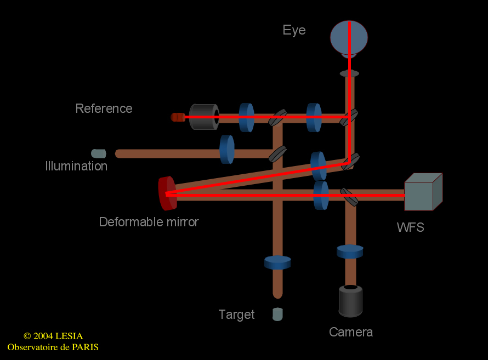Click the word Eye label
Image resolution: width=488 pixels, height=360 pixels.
(x=294, y=30)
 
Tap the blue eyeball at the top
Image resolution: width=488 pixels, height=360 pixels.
(x=349, y=37)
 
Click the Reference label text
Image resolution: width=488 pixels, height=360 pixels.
(x=104, y=108)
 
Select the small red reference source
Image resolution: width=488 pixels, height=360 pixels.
(x=178, y=117)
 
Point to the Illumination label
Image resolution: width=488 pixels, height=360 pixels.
(x=76, y=166)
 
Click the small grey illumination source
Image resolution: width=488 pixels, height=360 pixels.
(x=99, y=153)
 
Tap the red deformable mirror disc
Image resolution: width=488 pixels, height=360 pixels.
(x=167, y=193)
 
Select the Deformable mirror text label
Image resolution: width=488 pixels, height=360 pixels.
(x=149, y=222)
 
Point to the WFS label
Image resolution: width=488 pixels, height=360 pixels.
(x=411, y=227)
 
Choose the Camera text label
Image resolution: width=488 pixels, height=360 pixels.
(x=351, y=332)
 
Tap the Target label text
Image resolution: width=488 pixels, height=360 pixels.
(x=236, y=315)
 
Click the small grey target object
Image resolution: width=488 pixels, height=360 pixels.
(x=277, y=315)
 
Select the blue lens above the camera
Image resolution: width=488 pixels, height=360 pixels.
(x=350, y=252)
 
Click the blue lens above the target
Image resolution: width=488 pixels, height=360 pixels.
(x=277, y=262)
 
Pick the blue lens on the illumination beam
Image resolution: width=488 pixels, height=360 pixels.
(x=227, y=148)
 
